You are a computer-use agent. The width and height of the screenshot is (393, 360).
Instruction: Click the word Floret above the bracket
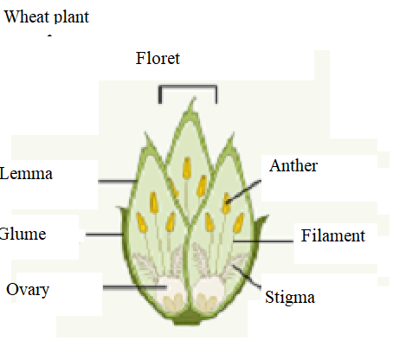click(x=158, y=59)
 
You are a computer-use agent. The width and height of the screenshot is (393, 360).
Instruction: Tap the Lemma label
click(x=26, y=174)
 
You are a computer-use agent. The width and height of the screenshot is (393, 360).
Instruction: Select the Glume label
click(x=23, y=234)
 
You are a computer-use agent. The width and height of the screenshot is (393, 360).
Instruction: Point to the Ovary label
click(x=28, y=290)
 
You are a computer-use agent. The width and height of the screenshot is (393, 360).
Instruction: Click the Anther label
click(x=293, y=166)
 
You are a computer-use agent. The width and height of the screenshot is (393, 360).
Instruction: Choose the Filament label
click(x=333, y=235)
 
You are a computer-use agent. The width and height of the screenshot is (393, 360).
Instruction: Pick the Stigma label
click(x=290, y=298)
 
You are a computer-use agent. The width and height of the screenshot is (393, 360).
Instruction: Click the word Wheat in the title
click(x=27, y=16)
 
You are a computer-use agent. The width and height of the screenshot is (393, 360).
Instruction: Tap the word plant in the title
click(x=72, y=17)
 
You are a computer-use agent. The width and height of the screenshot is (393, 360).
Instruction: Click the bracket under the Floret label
click(x=188, y=86)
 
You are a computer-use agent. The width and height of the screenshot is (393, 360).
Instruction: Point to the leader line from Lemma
click(x=118, y=182)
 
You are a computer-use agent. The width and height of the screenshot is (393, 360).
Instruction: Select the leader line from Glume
click(x=105, y=235)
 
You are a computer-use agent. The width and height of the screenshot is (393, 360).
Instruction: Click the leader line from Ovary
click(x=135, y=287)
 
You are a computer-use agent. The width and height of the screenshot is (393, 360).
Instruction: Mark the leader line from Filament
click(x=263, y=241)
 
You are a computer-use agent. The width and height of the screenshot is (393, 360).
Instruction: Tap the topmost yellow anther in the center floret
click(x=187, y=168)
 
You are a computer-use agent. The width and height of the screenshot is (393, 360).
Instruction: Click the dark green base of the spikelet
click(x=188, y=318)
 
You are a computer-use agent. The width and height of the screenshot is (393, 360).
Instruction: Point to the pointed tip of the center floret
click(x=194, y=99)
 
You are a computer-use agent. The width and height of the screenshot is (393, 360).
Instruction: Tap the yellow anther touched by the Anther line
click(x=226, y=203)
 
